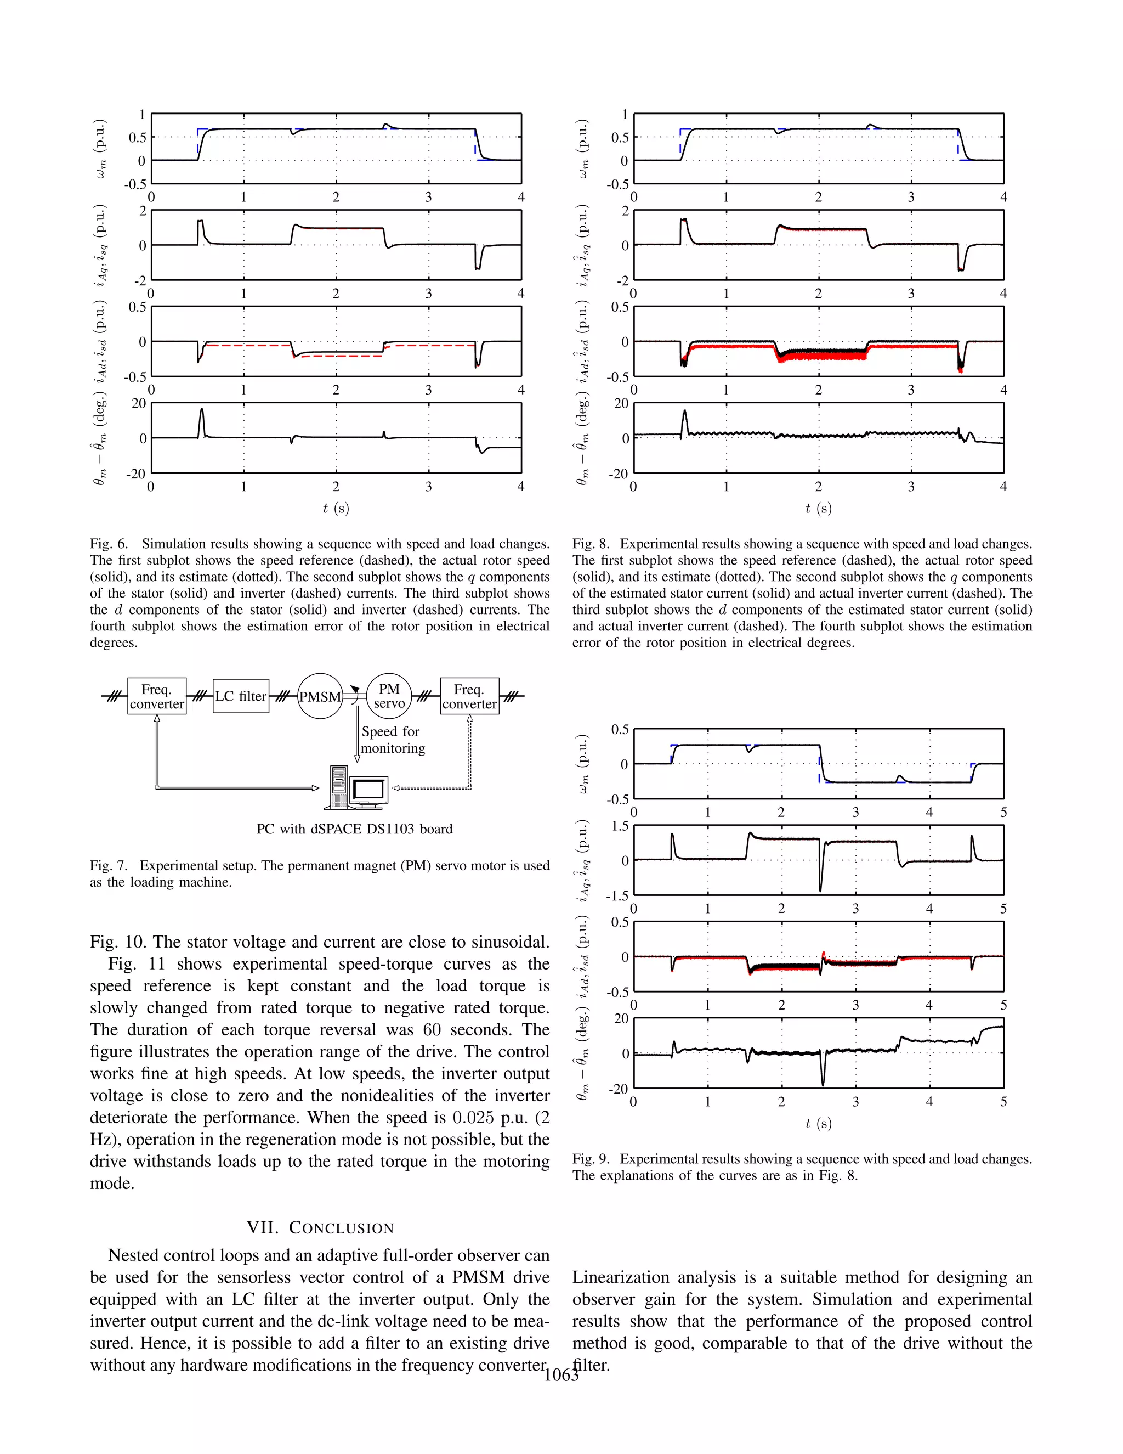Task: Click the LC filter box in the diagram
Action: click(x=241, y=696)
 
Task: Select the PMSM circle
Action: click(x=320, y=696)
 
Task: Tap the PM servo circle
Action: click(x=389, y=696)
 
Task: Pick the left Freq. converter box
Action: click(x=156, y=696)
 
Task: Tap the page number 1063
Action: click(x=561, y=1376)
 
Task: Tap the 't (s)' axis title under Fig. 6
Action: click(x=336, y=509)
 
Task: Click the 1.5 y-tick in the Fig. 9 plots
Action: click(x=620, y=826)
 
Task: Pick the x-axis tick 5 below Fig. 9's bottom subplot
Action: click(x=1003, y=1102)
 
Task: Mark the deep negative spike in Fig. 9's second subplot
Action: click(x=820, y=887)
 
